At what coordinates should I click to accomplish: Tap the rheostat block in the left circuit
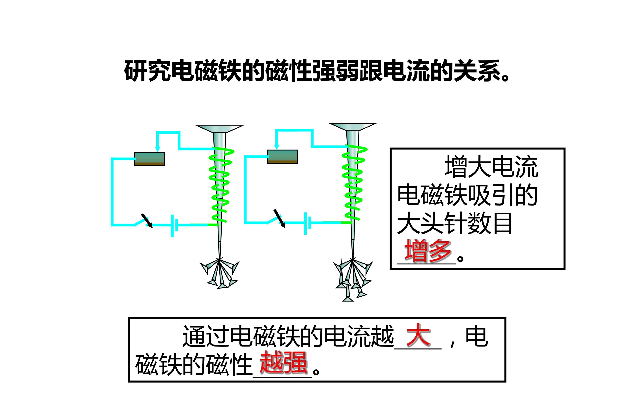coord(149,159)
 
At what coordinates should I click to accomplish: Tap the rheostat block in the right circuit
coord(282,157)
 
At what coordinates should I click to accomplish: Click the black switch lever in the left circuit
coord(147,221)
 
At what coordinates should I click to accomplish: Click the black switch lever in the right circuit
coord(279,218)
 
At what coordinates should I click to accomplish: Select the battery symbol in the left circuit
coord(174,226)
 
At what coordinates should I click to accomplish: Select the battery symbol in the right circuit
coord(308,224)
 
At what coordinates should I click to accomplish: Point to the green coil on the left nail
coord(220,185)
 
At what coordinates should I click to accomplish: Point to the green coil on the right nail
coord(353,183)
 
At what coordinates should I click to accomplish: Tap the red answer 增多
coord(428,251)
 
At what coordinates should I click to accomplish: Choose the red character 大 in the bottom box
coord(418,335)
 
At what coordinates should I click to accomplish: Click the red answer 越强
coord(283,362)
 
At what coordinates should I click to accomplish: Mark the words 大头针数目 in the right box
coord(455,223)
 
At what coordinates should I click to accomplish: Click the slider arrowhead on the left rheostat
coord(157,149)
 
